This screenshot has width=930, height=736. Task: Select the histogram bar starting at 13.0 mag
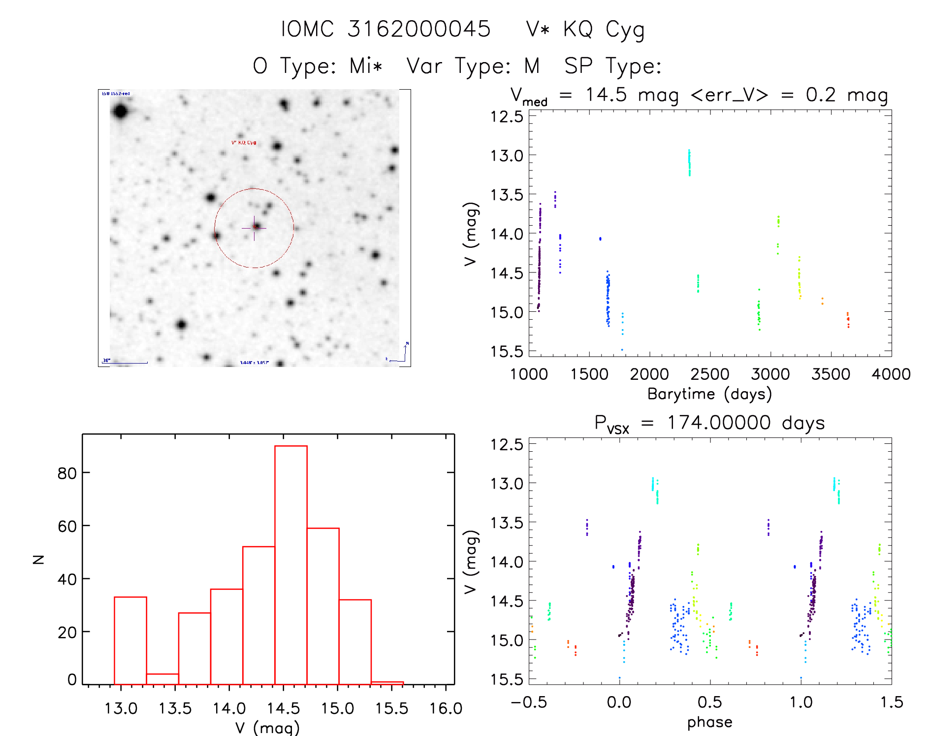[130, 640]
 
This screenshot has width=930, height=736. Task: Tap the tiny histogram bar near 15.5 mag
[387, 683]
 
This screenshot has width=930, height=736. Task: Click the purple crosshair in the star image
[254, 228]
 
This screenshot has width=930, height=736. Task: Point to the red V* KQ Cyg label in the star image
[244, 143]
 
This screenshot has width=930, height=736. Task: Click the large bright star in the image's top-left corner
[120, 111]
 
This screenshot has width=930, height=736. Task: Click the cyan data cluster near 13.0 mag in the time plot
[689, 163]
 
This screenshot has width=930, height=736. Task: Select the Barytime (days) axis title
[709, 394]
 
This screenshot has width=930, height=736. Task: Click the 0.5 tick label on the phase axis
[709, 702]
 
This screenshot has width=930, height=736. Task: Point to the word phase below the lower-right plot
[709, 722]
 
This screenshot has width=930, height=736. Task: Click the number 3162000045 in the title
[419, 29]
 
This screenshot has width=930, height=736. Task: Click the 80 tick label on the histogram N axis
[67, 473]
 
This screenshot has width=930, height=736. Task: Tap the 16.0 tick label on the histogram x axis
[446, 708]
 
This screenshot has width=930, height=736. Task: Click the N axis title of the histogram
[38, 559]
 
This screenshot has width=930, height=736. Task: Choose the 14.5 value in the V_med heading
[606, 95]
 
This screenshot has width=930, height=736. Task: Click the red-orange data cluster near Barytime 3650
[848, 319]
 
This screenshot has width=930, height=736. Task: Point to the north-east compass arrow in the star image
[402, 353]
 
